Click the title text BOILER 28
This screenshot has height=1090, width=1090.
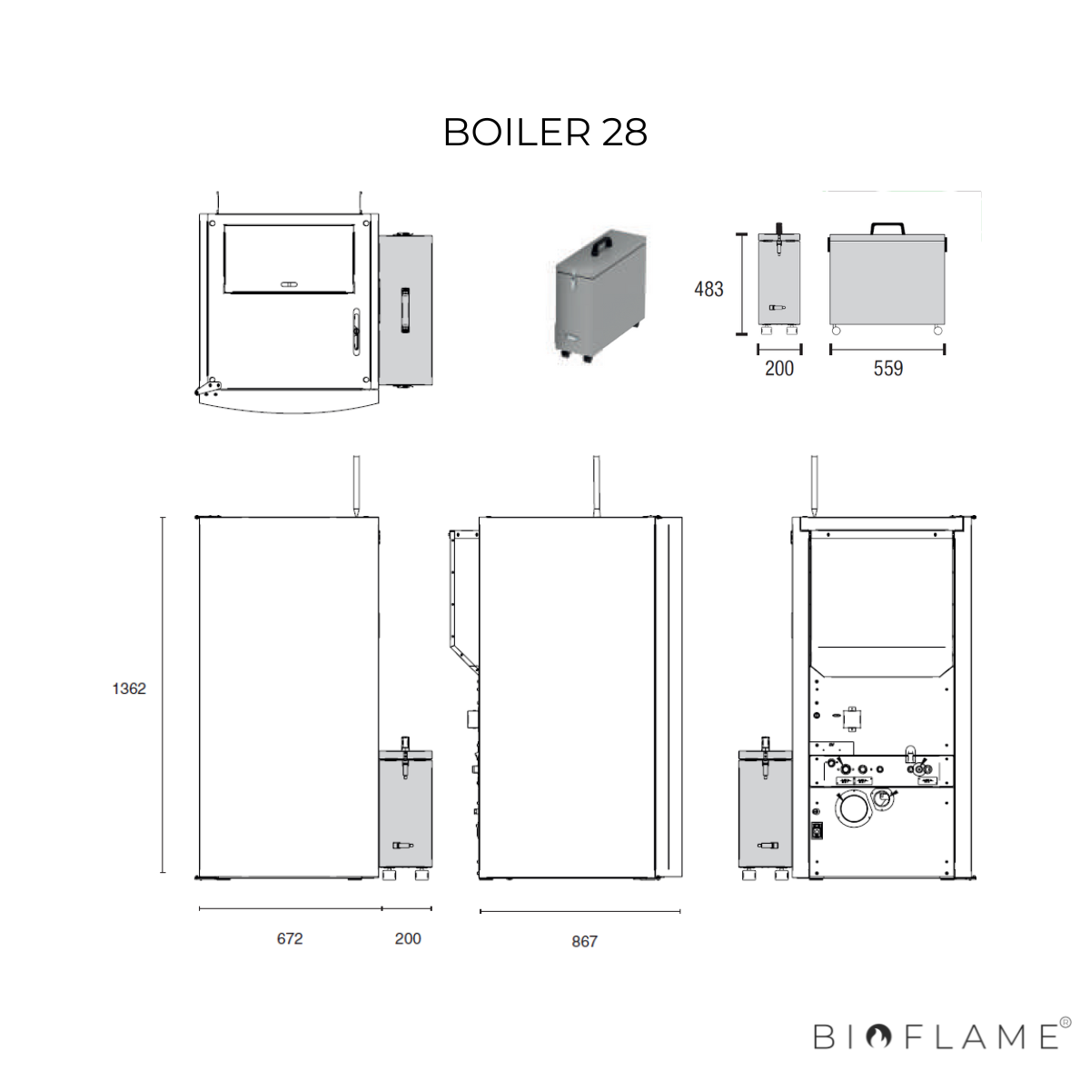tap(545, 133)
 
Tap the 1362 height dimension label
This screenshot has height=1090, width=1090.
tap(129, 689)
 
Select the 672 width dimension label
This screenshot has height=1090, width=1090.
tap(290, 938)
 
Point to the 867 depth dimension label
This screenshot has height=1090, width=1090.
tap(584, 941)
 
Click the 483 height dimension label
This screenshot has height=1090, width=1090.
tap(708, 289)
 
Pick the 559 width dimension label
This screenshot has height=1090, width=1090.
tap(888, 368)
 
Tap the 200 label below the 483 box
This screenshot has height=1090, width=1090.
tap(778, 368)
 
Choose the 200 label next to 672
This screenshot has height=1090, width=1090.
tap(408, 938)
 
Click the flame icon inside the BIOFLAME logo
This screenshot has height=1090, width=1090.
tap(878, 1036)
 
